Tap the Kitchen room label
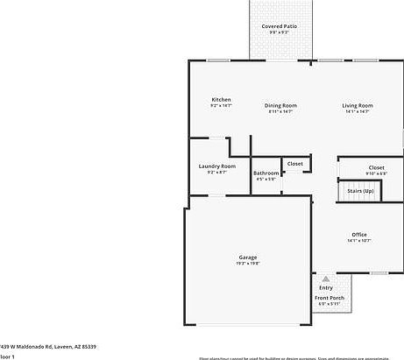pyautogui.click(x=221, y=100)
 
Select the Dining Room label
pyautogui.click(x=280, y=106)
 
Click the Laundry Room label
pyautogui.click(x=216, y=166)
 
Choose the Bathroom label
pyautogui.click(x=266, y=173)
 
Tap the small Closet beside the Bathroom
pyautogui.click(x=294, y=164)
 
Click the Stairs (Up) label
pyautogui.click(x=360, y=190)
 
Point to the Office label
pyautogui.click(x=359, y=234)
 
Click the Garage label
pyautogui.click(x=248, y=257)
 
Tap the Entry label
pyautogui.click(x=326, y=288)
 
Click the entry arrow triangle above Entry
pyautogui.click(x=326, y=278)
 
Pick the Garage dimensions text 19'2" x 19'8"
pyautogui.click(x=248, y=263)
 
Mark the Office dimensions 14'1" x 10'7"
pyautogui.click(x=359, y=240)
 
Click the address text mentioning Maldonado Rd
pyautogui.click(x=48, y=347)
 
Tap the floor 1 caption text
pyautogui.click(x=6, y=356)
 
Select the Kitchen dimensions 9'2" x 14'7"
pyautogui.click(x=221, y=106)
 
